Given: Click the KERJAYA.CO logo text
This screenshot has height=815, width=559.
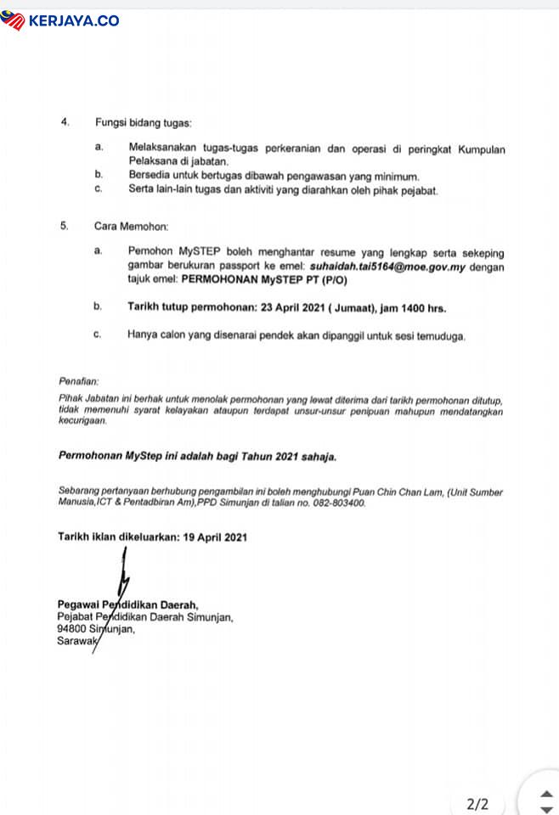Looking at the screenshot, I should coord(73,20).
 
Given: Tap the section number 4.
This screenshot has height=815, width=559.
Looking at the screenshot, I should coord(65,122).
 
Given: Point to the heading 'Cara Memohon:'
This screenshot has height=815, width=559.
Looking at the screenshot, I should coord(131,228).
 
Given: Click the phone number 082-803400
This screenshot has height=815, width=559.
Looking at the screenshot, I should coord(338,503).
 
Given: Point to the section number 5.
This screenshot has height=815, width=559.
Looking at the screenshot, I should coord(65,228).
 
